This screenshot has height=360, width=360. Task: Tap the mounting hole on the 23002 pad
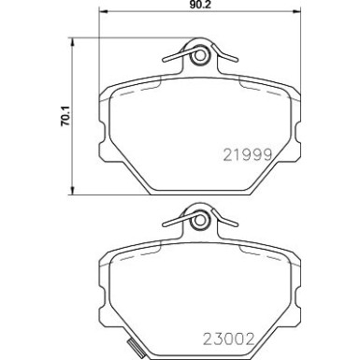click(x=197, y=223)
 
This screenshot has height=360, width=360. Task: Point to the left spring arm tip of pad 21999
click(x=165, y=63)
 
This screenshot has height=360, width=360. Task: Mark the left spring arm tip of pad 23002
click(x=165, y=225)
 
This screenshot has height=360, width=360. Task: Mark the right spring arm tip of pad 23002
click(x=231, y=225)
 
